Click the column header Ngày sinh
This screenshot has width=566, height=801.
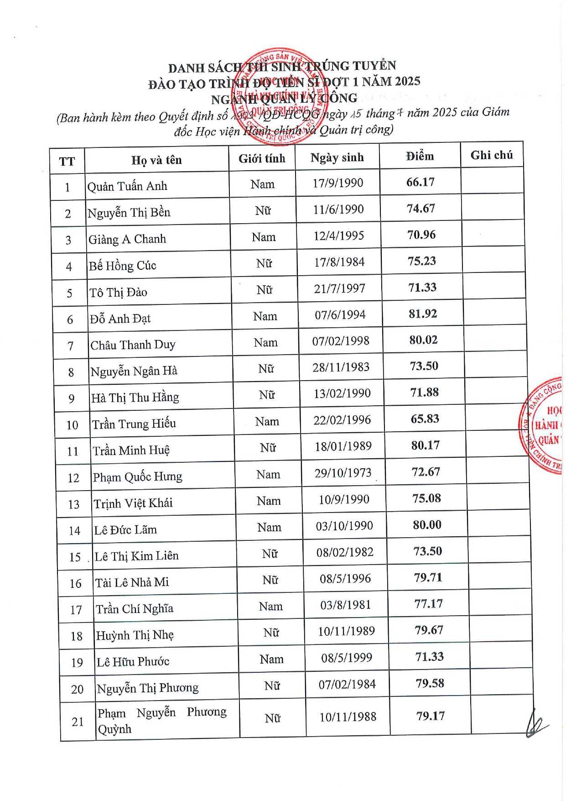[337, 157]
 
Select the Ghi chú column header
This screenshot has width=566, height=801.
[491, 155]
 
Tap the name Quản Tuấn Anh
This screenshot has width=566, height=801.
[127, 186]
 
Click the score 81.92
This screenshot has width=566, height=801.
[423, 314]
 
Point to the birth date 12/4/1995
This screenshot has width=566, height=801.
[339, 236]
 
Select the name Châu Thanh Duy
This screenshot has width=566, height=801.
[133, 345]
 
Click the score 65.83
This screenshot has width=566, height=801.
[425, 419]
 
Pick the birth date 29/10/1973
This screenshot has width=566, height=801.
[343, 473]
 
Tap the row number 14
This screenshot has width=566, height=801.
[74, 531]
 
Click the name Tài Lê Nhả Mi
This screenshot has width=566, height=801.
[132, 582]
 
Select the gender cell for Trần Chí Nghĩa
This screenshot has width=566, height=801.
[271, 607]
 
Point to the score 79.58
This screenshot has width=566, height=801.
[430, 683]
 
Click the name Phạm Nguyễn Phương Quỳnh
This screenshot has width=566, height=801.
[161, 720]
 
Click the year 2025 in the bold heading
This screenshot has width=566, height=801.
[401, 81]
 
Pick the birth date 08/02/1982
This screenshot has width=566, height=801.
[345, 552]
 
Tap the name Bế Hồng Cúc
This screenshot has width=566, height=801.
[122, 266]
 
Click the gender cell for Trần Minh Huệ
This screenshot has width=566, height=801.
[268, 448]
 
